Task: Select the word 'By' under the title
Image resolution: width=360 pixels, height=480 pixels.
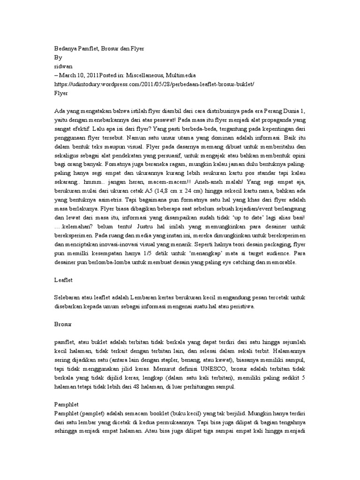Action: pyautogui.click(x=58, y=58)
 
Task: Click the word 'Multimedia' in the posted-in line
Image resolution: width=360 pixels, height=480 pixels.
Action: pyautogui.click(x=180, y=75)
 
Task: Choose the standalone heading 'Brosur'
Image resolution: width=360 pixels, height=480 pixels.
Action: pyautogui.click(x=64, y=324)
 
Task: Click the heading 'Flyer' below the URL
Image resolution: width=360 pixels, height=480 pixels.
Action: pyautogui.click(x=61, y=93)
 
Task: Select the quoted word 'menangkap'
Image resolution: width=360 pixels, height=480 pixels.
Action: pyautogui.click(x=169, y=254)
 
